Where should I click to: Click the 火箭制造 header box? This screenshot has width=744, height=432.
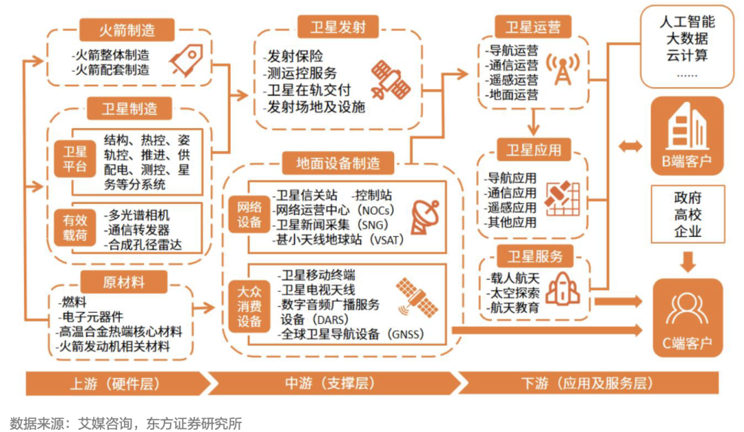point(127,30)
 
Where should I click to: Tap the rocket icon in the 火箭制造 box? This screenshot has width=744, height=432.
point(187,61)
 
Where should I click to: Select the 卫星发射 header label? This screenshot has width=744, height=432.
point(338,27)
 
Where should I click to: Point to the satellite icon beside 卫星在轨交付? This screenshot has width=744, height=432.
point(391,80)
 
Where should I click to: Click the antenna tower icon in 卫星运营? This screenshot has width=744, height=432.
point(563,70)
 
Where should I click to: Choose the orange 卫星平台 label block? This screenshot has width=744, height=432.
point(75,159)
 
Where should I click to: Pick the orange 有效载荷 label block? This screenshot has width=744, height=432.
point(75,227)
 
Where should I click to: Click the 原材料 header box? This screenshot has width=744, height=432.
point(124,282)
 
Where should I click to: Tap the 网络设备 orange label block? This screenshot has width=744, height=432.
point(249,214)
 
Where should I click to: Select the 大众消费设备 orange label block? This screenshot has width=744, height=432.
point(249,306)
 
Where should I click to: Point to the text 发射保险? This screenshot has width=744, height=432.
point(295,56)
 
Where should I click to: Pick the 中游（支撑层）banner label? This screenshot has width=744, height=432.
point(329,383)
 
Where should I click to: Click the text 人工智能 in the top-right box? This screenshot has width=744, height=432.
point(687,21)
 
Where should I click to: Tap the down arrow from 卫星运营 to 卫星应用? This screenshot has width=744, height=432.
point(533,122)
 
